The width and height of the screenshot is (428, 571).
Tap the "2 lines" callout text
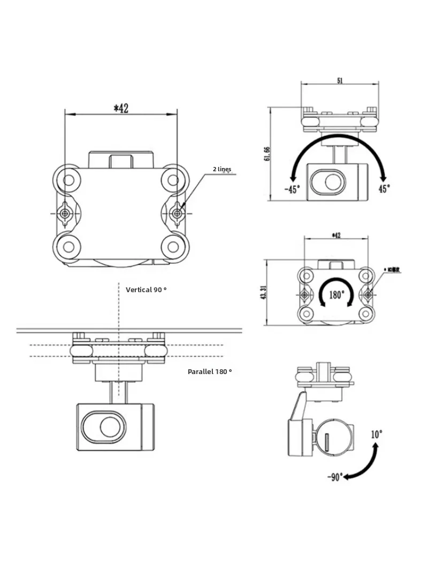[x=222, y=169]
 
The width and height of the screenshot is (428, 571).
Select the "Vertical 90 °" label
[x=146, y=290]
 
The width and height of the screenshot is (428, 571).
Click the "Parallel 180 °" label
[x=210, y=371]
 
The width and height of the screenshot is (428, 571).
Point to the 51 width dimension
[x=340, y=80]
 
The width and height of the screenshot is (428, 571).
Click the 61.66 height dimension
[x=267, y=154]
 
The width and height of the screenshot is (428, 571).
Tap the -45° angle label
[x=292, y=188]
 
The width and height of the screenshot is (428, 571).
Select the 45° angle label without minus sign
[x=384, y=188]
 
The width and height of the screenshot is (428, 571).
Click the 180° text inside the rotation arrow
[x=336, y=295]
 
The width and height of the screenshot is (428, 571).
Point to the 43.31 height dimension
[x=264, y=293]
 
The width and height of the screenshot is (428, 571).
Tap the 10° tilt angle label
[x=377, y=435]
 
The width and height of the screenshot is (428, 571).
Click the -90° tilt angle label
[x=335, y=477]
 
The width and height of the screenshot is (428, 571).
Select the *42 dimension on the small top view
[x=336, y=235]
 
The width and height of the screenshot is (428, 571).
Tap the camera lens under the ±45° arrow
[x=332, y=182]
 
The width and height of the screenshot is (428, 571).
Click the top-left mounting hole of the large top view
[x=68, y=179]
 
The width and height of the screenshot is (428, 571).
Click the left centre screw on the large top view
[x=65, y=214]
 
